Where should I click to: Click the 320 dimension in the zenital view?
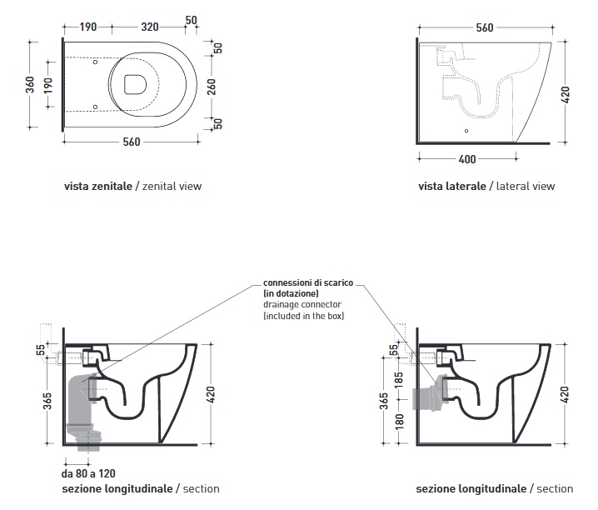(x=150, y=27)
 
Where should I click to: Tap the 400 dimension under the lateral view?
(x=467, y=158)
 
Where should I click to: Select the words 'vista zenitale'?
(x=97, y=187)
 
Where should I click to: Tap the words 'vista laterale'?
(x=452, y=187)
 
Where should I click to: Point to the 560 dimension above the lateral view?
(x=483, y=27)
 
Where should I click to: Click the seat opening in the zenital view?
(x=135, y=83)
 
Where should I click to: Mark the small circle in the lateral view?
(x=466, y=132)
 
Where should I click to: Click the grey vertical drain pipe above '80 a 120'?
(x=82, y=408)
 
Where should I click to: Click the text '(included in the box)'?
(x=303, y=317)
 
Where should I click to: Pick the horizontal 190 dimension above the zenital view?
(x=88, y=27)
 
